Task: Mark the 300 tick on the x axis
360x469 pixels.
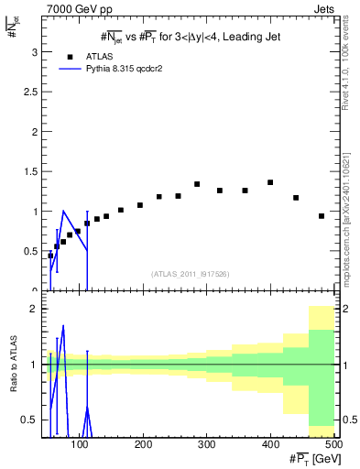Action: (x=206, y=444)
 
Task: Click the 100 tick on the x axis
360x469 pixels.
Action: (x=81, y=444)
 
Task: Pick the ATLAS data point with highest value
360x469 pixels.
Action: (x=270, y=182)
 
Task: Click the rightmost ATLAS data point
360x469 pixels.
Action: (x=322, y=216)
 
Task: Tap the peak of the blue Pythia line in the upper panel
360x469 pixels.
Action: (x=63, y=211)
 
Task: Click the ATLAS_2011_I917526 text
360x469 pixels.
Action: (x=190, y=273)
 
